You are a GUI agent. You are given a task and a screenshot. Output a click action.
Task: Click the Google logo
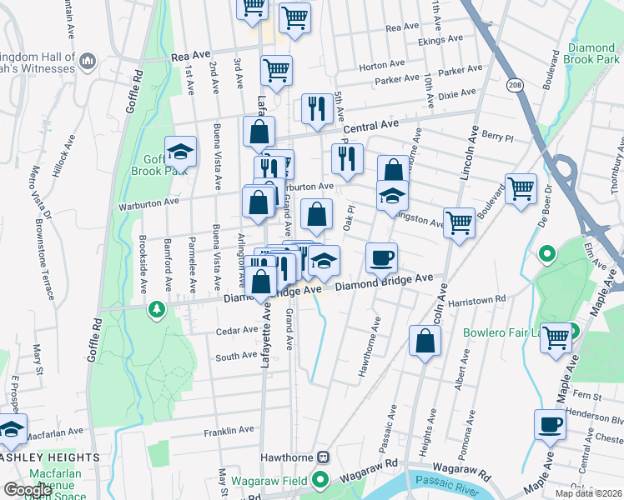27,490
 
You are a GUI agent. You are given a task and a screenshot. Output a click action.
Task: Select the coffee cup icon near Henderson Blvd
550,423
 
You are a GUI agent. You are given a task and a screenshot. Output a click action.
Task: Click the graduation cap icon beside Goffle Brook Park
180,152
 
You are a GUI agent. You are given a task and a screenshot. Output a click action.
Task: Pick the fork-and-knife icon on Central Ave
315,108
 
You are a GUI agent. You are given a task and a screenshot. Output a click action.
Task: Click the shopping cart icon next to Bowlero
556,337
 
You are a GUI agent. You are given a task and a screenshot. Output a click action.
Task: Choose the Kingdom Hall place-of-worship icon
88,62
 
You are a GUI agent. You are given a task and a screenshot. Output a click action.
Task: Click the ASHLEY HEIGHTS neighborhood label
50,457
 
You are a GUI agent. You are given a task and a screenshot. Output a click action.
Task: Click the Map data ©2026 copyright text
588,493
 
